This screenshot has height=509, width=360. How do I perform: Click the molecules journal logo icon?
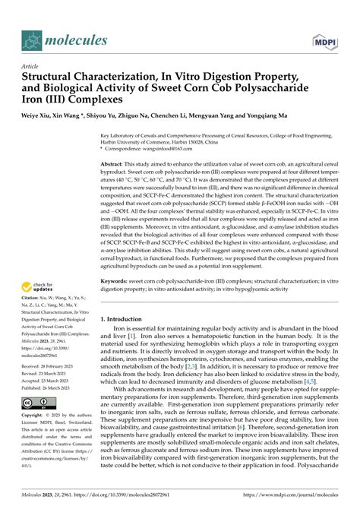pos(32,40)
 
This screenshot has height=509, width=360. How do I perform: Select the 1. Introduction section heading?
pos(125,298)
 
